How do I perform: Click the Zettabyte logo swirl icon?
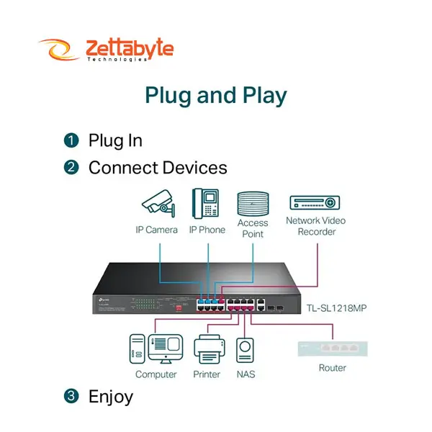click(x=59, y=50)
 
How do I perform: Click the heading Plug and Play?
click(x=216, y=96)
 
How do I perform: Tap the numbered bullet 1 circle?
click(x=71, y=140)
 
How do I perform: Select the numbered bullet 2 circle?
click(x=71, y=168)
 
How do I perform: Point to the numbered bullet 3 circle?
click(x=71, y=396)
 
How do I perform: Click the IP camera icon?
click(x=158, y=204)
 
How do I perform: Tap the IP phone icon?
click(x=205, y=203)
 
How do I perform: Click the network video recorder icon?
click(x=315, y=202)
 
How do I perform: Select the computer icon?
click(x=155, y=349)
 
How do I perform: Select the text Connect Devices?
click(x=158, y=168)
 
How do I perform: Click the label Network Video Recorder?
click(x=315, y=225)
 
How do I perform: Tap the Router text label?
click(x=332, y=368)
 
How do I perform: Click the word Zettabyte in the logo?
click(x=129, y=48)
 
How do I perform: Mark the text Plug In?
click(x=115, y=140)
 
